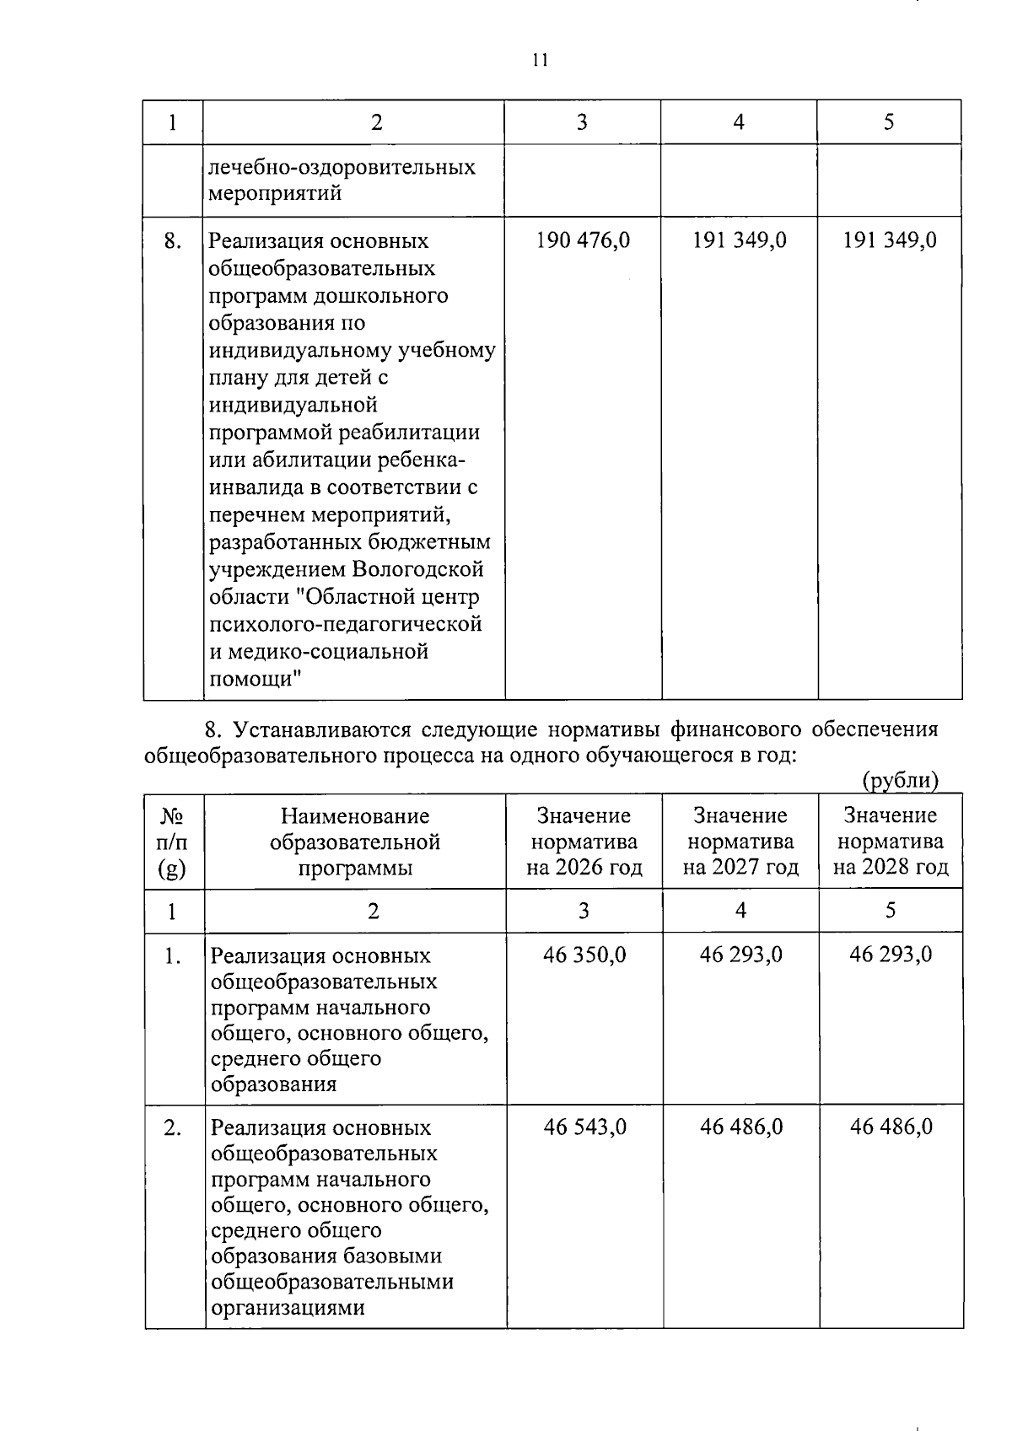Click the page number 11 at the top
click(540, 60)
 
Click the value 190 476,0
click(583, 241)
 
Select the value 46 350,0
click(584, 955)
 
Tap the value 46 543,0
click(585, 1127)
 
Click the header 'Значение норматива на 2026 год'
click(584, 842)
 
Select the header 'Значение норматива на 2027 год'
click(740, 842)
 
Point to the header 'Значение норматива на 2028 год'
click(890, 842)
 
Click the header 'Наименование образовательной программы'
click(355, 842)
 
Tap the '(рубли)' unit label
click(900, 782)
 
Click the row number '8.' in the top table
click(173, 242)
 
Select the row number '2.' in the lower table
click(173, 1128)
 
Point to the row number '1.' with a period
click(173, 956)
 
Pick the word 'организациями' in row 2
click(288, 1308)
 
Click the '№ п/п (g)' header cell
click(173, 842)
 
